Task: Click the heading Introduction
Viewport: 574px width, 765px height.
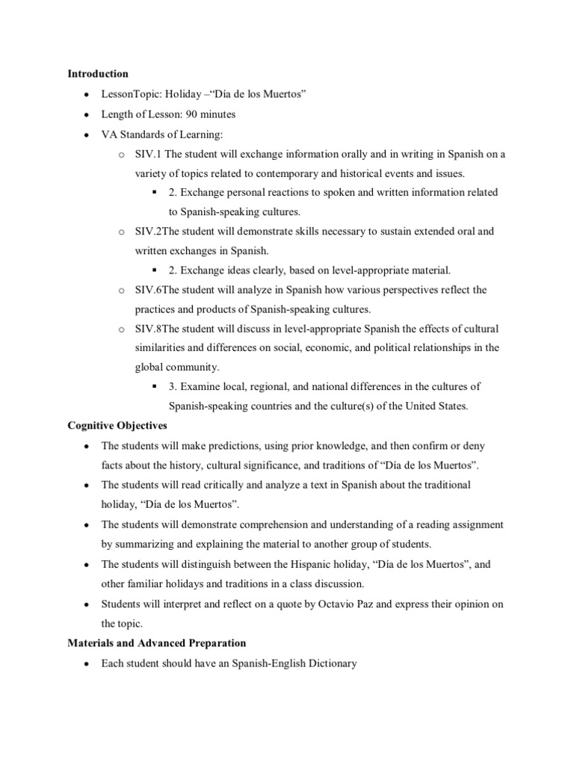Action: pos(98,74)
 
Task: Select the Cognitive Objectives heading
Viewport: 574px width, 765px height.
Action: pos(117,425)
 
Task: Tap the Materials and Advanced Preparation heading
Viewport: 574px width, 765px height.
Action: pos(157,642)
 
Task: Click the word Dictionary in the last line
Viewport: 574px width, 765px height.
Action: pos(311,663)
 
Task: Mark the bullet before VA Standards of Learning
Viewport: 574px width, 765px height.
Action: pos(87,134)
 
